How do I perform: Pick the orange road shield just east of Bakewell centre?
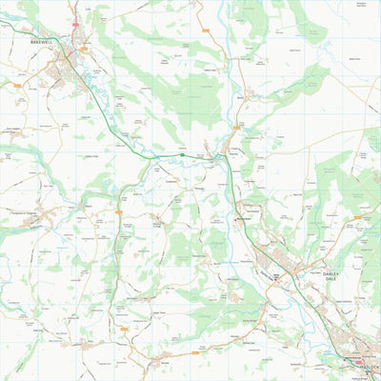click(x=84, y=49)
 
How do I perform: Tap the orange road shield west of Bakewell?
click(x=18, y=85)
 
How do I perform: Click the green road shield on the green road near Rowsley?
click(x=181, y=152)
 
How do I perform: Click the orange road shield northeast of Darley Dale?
click(x=357, y=217)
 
